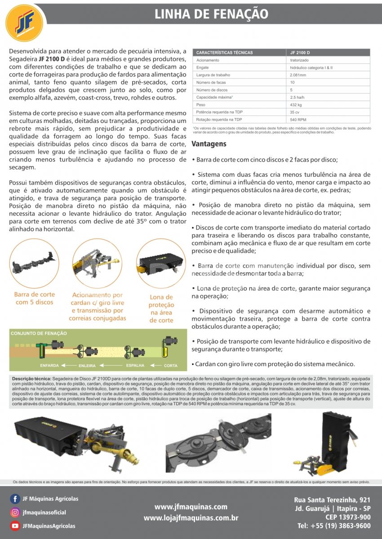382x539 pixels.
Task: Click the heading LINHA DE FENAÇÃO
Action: coord(211,14)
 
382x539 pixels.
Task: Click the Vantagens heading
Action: coord(209,144)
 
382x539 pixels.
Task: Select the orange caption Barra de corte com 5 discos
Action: coord(35,298)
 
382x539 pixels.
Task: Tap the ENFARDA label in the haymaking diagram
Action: coord(49,366)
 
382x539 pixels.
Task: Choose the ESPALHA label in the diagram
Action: coord(135,366)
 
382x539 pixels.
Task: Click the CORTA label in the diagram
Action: coord(171,366)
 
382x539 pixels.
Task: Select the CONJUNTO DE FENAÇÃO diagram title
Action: coord(39,333)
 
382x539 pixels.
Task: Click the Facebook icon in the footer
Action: coord(15,499)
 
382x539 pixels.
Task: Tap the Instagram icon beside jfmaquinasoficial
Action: coord(15,513)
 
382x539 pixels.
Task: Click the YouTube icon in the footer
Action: coord(15,526)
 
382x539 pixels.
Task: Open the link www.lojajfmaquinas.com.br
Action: coord(191,518)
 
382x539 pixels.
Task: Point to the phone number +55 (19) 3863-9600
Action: coord(334,526)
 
